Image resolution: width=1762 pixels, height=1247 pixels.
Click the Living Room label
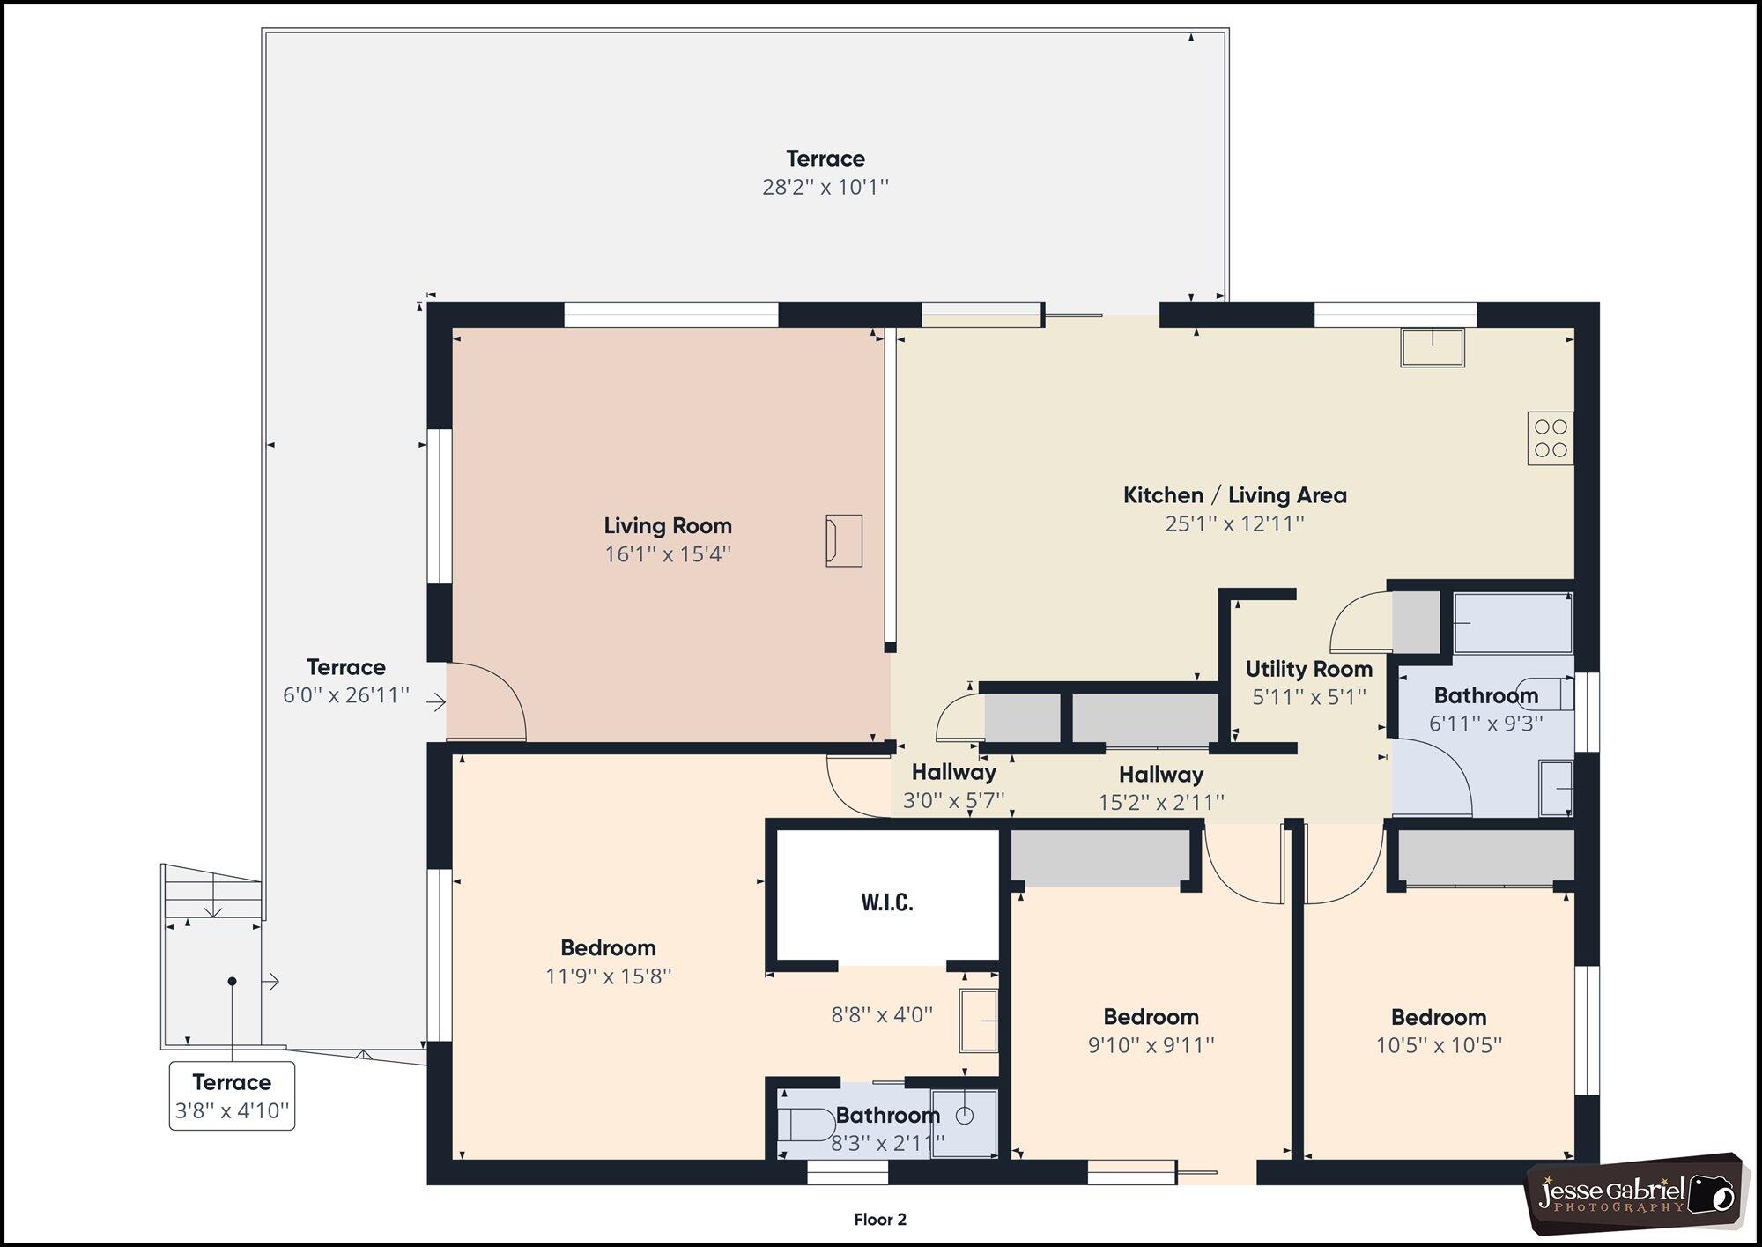pyautogui.click(x=668, y=526)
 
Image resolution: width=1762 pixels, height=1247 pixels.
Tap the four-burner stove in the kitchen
pyautogui.click(x=1551, y=439)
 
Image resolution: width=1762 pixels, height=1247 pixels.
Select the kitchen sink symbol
pyautogui.click(x=1433, y=347)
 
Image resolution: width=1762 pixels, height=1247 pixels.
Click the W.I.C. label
pyautogui.click(x=886, y=902)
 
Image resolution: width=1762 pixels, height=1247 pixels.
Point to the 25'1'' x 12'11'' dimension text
pyautogui.click(x=1234, y=524)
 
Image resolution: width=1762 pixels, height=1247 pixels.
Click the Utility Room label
pyautogui.click(x=1308, y=669)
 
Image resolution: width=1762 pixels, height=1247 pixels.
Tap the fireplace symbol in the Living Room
pyautogui.click(x=843, y=540)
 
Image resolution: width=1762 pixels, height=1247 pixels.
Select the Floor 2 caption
pyautogui.click(x=879, y=1220)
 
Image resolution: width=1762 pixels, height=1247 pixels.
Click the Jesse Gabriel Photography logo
pyautogui.click(x=1635, y=1194)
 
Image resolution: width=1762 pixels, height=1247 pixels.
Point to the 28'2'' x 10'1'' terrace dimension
pyautogui.click(x=825, y=188)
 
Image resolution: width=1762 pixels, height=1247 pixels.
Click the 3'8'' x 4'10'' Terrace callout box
pyautogui.click(x=232, y=1096)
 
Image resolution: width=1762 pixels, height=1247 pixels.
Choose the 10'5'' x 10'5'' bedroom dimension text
pyautogui.click(x=1439, y=1046)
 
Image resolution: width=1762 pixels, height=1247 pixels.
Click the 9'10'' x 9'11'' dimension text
pyautogui.click(x=1151, y=1045)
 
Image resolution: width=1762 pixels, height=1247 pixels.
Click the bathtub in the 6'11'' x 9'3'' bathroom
pyautogui.click(x=1513, y=623)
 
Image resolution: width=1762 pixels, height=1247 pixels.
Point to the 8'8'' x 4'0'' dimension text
pyautogui.click(x=882, y=1015)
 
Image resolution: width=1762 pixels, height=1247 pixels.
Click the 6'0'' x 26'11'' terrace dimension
pyautogui.click(x=346, y=695)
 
